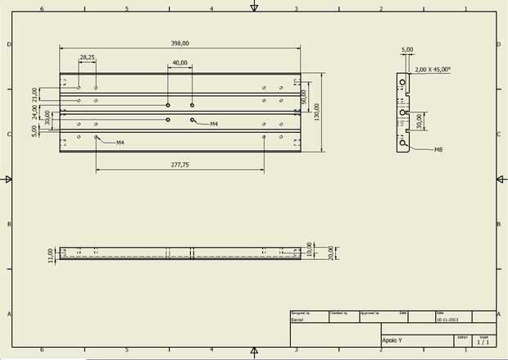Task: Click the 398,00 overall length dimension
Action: coord(179,43)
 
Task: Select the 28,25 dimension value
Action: coord(87,57)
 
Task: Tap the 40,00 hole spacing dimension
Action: coord(179,63)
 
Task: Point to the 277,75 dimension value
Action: coord(179,165)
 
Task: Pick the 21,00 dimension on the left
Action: coord(34,94)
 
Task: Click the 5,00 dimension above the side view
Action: coord(407,49)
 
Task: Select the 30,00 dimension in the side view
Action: coord(418,120)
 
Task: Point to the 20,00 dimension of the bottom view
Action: coord(330,252)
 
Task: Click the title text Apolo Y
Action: coord(392,339)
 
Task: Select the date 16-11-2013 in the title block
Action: coord(447,319)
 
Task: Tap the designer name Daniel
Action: coord(297,319)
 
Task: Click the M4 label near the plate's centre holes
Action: coord(213,124)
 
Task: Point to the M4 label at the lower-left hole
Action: coord(120,143)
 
